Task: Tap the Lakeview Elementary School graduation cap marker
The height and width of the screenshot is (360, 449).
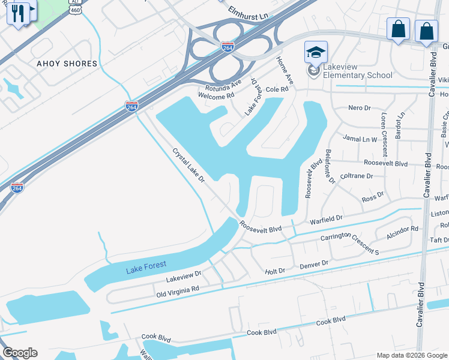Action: tap(316, 53)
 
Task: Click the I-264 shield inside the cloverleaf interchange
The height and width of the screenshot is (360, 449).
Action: tap(228, 47)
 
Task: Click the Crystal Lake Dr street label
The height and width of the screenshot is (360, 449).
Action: tap(190, 169)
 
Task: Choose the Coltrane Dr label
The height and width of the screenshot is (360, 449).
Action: tap(357, 176)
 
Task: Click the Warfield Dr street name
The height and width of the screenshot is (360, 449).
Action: tap(326, 220)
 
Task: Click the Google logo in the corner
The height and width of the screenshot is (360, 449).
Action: tap(20, 353)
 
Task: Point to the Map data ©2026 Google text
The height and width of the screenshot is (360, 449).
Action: tap(411, 355)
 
